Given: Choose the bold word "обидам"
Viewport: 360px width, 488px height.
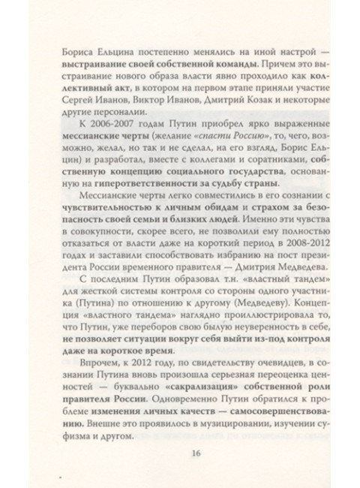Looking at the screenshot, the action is pyautogui.click(x=217, y=218).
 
